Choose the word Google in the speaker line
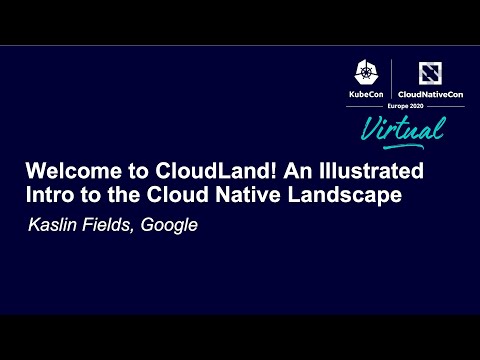[169, 225]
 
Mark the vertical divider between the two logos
[391, 80]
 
